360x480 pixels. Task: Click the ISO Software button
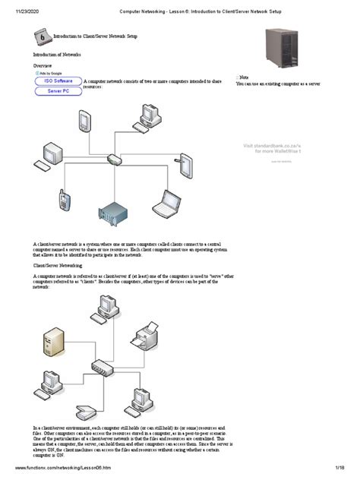coord(58,80)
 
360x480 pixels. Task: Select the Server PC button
coord(58,90)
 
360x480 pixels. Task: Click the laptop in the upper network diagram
coord(166,202)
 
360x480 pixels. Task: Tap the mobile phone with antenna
coord(64,199)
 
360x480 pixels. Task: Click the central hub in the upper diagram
coord(114,159)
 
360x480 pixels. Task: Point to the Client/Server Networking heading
coord(58,266)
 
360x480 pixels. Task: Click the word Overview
coord(42,66)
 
